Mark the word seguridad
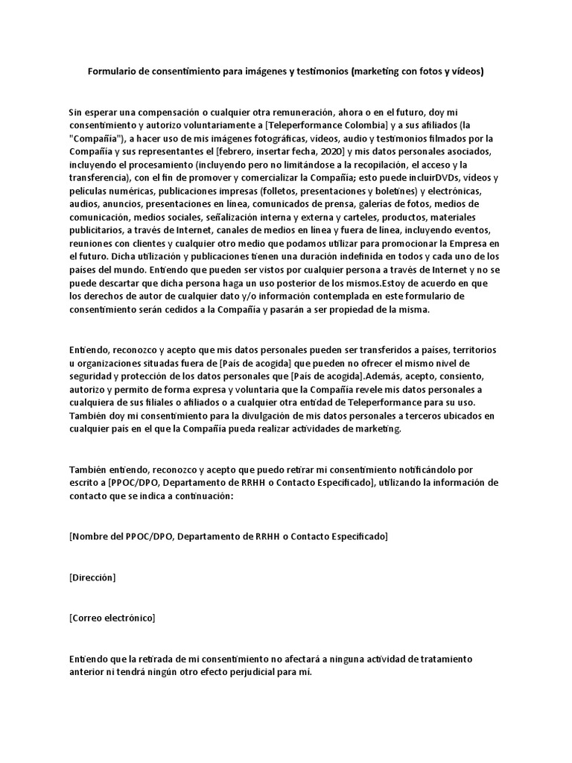click(x=92, y=377)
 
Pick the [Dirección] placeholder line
click(x=92, y=577)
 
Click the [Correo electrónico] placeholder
click(x=112, y=618)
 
